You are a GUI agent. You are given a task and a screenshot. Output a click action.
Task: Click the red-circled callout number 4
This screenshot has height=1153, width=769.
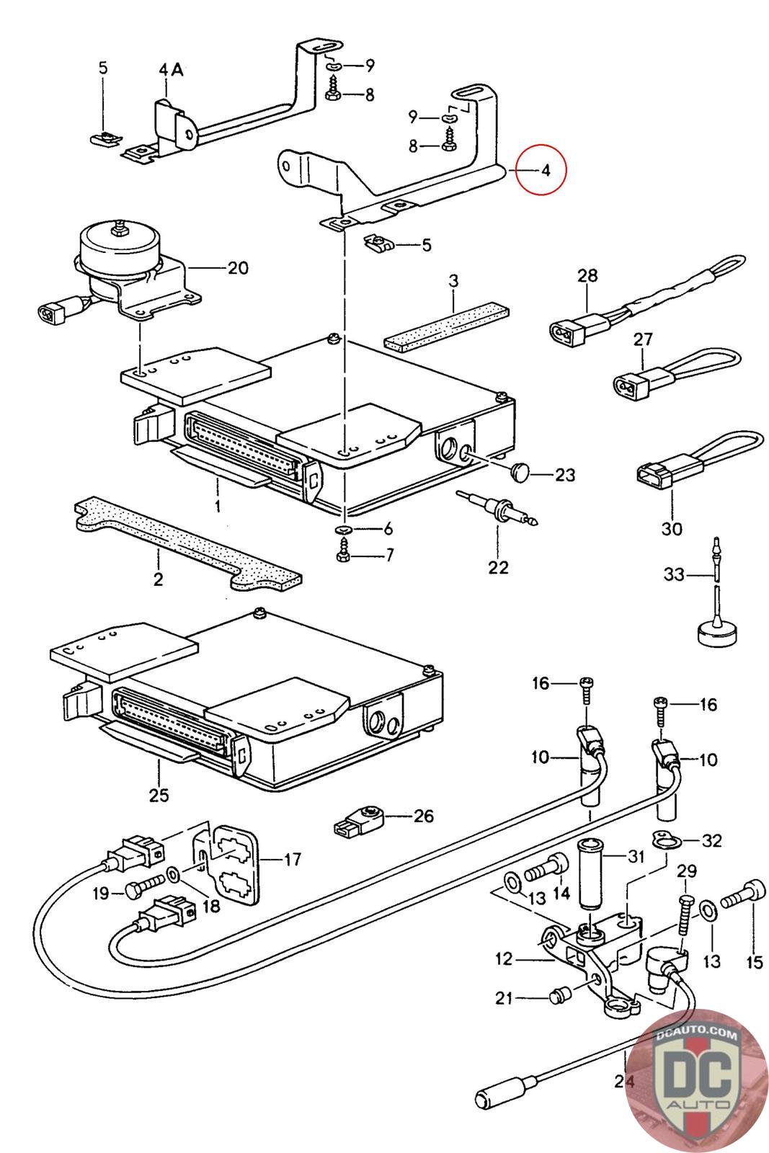[546, 171]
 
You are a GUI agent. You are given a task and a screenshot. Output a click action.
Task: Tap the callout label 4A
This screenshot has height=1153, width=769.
[171, 70]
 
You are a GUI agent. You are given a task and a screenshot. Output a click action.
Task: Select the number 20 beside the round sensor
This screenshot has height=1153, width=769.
[237, 268]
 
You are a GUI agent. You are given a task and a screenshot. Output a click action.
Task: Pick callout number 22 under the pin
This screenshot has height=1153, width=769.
[497, 567]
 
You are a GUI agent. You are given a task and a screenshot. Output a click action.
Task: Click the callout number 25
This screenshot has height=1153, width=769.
[159, 795]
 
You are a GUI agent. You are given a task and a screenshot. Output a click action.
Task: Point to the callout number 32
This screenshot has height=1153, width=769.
[711, 840]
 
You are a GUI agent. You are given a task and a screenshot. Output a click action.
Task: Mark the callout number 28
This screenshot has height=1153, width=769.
[587, 275]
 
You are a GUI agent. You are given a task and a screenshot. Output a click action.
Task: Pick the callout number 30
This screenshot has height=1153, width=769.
[671, 529]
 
